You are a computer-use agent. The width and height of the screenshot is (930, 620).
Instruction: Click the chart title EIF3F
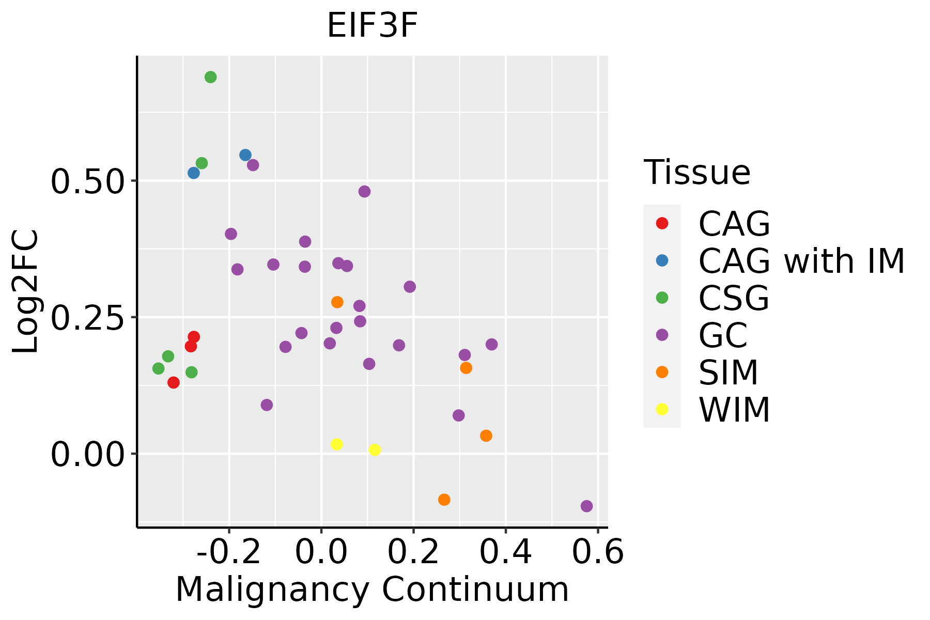click(372, 26)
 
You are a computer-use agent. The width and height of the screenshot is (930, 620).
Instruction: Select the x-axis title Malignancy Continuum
click(372, 590)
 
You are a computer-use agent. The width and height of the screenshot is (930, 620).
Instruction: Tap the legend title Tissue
click(697, 173)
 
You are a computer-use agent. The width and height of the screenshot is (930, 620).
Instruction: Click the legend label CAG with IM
click(801, 261)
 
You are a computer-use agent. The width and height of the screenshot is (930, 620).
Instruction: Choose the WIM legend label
click(734, 410)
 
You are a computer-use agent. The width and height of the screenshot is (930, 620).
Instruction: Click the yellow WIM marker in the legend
click(662, 409)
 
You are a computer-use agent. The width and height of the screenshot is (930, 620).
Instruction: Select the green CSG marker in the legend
click(662, 298)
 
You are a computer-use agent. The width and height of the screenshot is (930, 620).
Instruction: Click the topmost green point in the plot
click(210, 78)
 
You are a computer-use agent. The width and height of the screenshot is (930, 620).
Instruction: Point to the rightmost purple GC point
click(586, 506)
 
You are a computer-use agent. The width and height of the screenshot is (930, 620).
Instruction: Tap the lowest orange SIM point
click(444, 500)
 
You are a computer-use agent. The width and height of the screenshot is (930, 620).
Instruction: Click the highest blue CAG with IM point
click(245, 155)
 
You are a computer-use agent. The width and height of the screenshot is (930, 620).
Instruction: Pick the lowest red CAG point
click(174, 383)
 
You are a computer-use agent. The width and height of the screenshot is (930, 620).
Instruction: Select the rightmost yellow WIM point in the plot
click(375, 450)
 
